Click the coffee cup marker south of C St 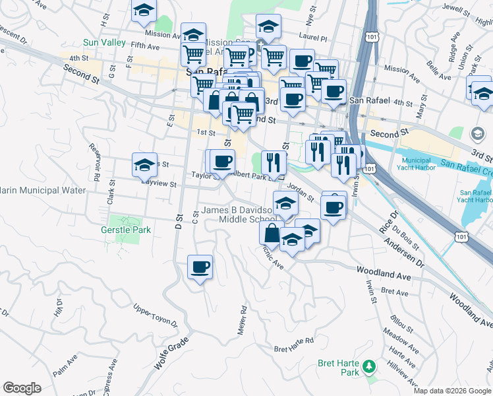[200, 267]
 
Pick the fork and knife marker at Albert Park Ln [274, 162]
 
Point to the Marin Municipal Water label [43, 191]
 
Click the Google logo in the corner [22, 387]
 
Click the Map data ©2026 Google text [452, 391]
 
